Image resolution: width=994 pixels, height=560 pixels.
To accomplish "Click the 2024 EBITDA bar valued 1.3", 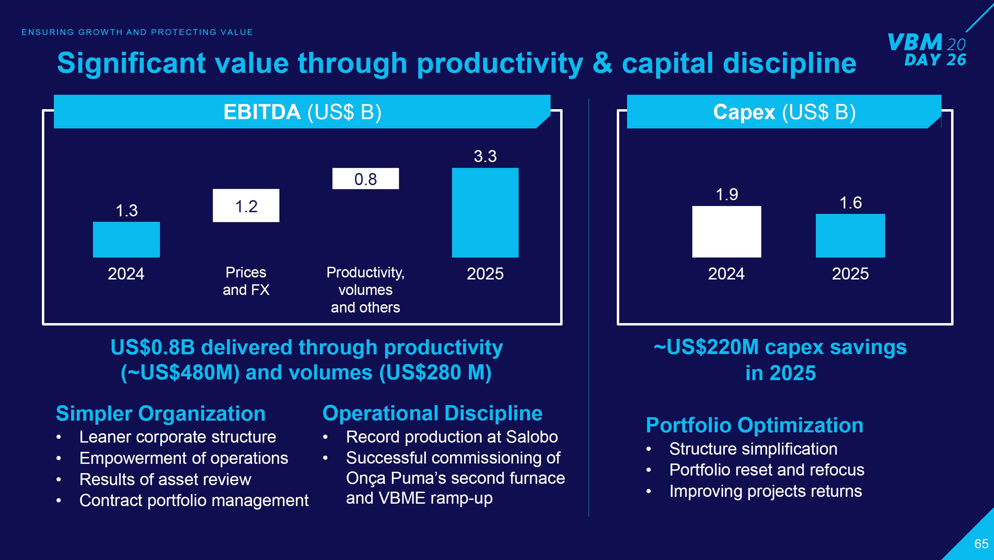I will (x=126, y=239).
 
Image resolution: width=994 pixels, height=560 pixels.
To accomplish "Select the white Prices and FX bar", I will (x=246, y=205).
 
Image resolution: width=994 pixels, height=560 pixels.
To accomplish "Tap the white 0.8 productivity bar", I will (x=366, y=178).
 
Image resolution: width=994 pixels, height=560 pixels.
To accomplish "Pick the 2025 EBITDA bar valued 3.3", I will (x=485, y=212).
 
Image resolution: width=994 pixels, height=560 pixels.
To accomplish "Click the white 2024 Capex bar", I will (x=727, y=231).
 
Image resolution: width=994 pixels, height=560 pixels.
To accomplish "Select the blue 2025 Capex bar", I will (x=850, y=236).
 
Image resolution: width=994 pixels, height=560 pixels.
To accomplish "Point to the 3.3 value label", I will (x=485, y=156).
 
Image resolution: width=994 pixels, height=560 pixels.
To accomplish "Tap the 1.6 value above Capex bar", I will (x=851, y=203).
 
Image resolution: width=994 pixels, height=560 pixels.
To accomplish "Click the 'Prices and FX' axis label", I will (x=246, y=281).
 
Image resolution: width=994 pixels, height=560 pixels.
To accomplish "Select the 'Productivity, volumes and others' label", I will (x=366, y=289).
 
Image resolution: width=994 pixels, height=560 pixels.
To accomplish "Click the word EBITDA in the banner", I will (x=262, y=112).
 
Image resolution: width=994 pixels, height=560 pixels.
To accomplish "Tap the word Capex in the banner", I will (x=743, y=112).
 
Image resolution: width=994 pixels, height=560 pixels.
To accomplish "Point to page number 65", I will (x=981, y=544).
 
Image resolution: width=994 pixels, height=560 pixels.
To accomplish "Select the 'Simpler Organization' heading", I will (x=161, y=413).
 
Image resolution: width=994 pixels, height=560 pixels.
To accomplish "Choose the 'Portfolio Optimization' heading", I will (x=754, y=425).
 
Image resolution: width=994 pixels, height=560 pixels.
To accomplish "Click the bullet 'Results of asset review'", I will (x=165, y=479).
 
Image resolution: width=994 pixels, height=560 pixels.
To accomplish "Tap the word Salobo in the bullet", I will (x=531, y=437).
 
